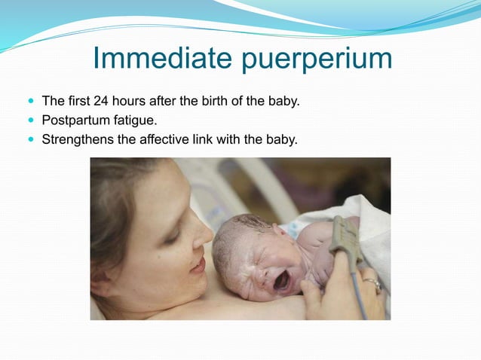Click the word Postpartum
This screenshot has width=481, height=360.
click(x=73, y=120)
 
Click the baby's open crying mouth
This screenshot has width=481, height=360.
click(x=280, y=282)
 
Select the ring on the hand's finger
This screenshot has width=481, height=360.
click(x=372, y=284)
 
